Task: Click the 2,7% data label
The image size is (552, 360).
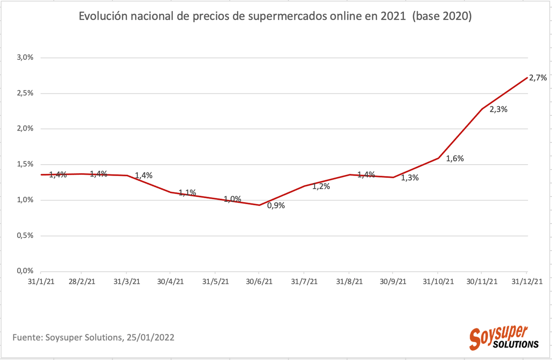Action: [x=538, y=78]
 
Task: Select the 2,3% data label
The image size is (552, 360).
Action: [x=498, y=109]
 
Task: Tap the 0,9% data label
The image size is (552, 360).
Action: [x=276, y=206]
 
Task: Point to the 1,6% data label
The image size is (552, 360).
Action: [x=454, y=159]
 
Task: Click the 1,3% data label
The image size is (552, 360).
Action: [x=409, y=178]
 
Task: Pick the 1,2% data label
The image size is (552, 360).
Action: [x=321, y=187]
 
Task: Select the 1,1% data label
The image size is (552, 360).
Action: [x=187, y=193]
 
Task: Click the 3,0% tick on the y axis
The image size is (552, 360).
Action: [x=25, y=57]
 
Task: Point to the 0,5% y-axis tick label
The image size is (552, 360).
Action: [x=25, y=235]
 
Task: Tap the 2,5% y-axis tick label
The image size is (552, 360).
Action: [x=25, y=93]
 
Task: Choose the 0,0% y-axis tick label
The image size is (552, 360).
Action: [x=25, y=271]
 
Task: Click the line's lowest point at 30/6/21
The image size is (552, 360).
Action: [x=260, y=205]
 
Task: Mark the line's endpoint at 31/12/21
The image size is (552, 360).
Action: [x=527, y=78]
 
